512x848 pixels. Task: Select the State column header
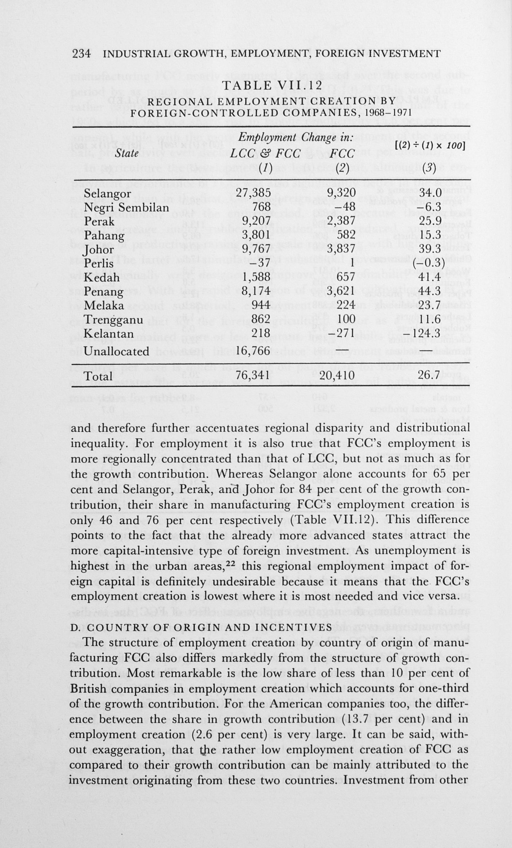click(127, 153)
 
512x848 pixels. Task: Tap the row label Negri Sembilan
click(126, 207)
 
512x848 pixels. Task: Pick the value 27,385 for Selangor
click(253, 193)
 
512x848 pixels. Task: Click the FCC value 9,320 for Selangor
click(341, 193)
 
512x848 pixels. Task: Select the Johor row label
click(98, 250)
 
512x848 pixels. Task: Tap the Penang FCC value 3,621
click(341, 291)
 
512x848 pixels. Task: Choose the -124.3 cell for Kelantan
click(425, 334)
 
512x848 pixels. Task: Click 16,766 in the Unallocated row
click(253, 351)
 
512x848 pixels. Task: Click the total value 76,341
click(253, 375)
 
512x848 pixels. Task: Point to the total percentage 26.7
click(429, 375)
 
